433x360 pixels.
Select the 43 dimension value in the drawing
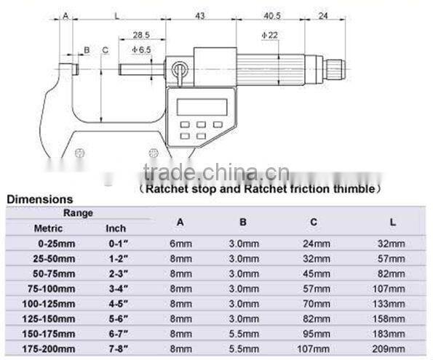click(x=199, y=15)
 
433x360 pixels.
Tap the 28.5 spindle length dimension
click(x=141, y=35)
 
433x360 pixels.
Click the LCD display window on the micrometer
click(x=197, y=106)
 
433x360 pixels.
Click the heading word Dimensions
click(x=39, y=199)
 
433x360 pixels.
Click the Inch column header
click(x=116, y=228)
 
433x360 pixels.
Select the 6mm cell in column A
click(x=181, y=244)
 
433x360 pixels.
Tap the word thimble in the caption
click(x=358, y=189)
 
